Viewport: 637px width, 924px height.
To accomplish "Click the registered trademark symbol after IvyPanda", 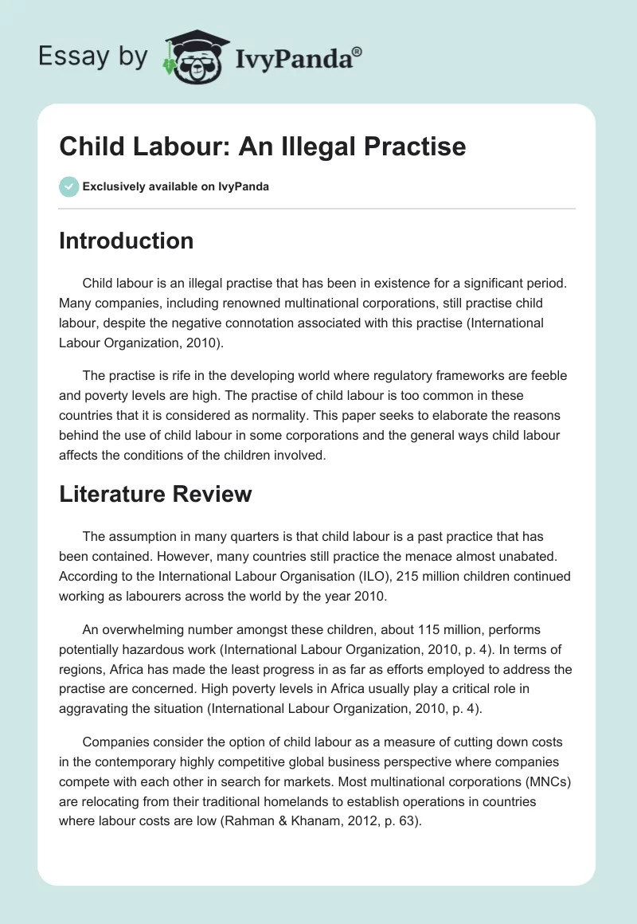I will [357, 52].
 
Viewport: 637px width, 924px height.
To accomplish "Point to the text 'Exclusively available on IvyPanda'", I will [176, 187].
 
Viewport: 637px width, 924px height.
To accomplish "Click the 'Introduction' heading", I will [126, 241].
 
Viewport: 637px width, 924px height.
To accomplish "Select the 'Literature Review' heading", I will [155, 494].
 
